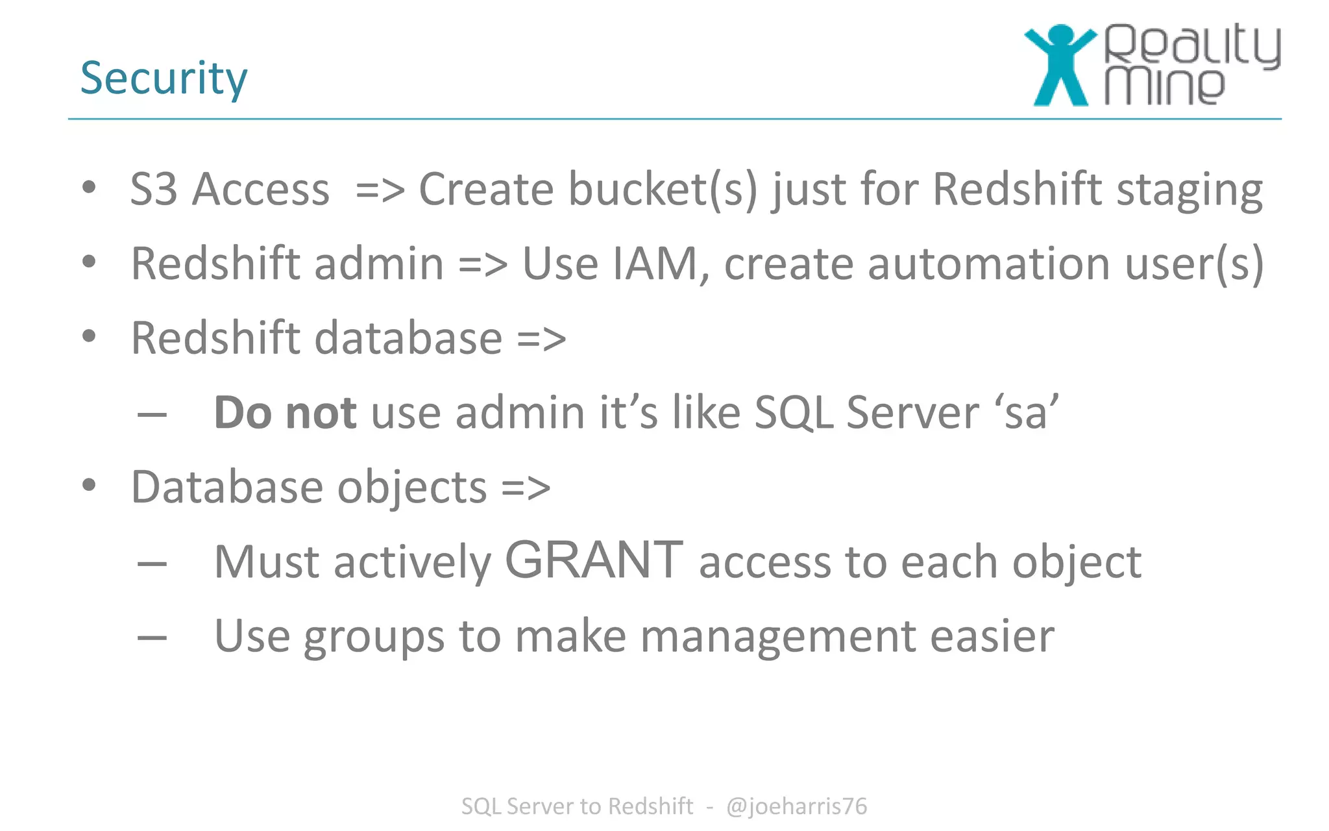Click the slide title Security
pyautogui.click(x=164, y=79)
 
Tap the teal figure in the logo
pyautogui.click(x=1060, y=65)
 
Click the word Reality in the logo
pyautogui.click(x=1193, y=45)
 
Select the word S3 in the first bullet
pyautogui.click(x=154, y=190)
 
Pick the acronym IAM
pyautogui.click(x=656, y=264)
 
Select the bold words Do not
pyautogui.click(x=285, y=413)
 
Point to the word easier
pyautogui.click(x=992, y=637)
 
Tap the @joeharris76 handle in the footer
pyautogui.click(x=796, y=806)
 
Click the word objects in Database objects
pyautogui.click(x=412, y=488)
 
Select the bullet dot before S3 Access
pyautogui.click(x=90, y=188)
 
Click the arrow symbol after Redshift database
pyautogui.click(x=541, y=339)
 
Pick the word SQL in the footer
pyautogui.click(x=481, y=806)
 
